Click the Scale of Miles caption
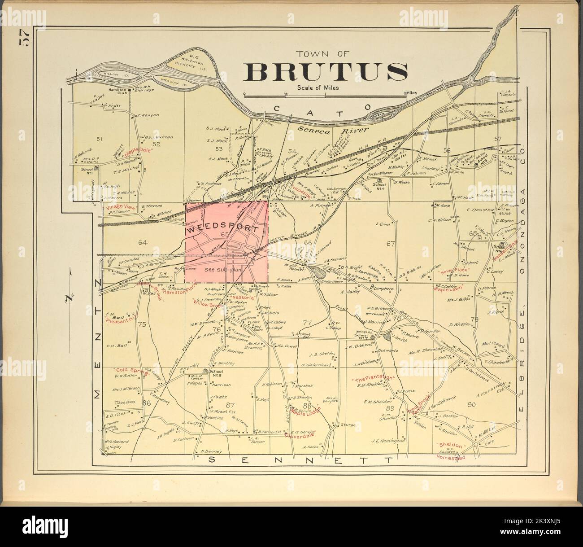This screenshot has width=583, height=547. (318, 88)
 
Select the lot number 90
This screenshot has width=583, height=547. (471, 405)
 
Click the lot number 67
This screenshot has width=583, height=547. (390, 244)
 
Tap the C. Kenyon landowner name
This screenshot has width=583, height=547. (148, 115)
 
